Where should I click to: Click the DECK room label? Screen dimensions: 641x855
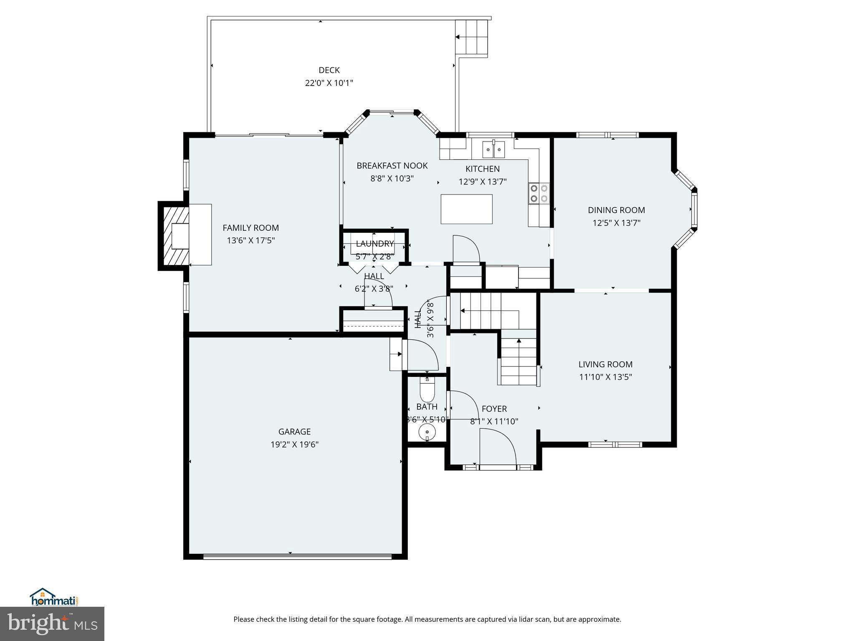click(x=329, y=70)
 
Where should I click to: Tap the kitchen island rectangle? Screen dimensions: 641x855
click(x=466, y=209)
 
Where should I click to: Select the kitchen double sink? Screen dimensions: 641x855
click(x=493, y=149)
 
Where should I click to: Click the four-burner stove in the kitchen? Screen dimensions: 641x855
click(x=539, y=193)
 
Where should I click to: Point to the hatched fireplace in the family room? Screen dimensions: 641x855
click(x=174, y=236)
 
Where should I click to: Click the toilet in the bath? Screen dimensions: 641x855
click(x=427, y=390)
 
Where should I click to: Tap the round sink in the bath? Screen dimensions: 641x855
click(x=427, y=432)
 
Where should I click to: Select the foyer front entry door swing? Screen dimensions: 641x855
click(x=498, y=447)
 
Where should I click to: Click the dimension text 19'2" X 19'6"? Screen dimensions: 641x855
click(x=294, y=444)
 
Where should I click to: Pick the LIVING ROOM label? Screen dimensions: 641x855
click(x=605, y=364)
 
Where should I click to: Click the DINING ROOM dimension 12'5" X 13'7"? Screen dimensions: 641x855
click(x=616, y=223)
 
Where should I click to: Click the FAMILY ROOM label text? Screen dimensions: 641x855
click(x=250, y=228)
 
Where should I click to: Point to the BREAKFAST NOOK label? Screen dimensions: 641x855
click(x=392, y=166)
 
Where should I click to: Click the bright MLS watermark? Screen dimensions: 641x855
click(x=52, y=624)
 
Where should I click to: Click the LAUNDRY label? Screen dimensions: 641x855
click(x=374, y=244)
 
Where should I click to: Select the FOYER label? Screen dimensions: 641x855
click(x=494, y=409)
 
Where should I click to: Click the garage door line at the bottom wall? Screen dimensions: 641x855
click(x=297, y=557)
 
